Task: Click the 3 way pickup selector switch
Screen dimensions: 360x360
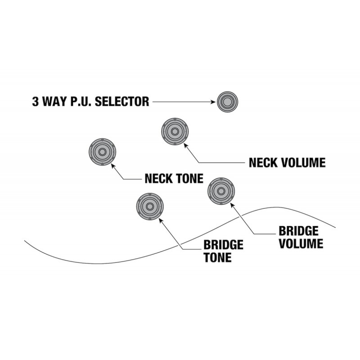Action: [x=227, y=102]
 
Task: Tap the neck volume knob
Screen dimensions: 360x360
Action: [x=175, y=131]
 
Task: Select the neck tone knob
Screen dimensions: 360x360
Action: [x=102, y=152]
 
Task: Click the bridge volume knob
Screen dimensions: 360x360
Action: [x=221, y=191]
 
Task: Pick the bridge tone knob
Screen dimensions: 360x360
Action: [x=150, y=207]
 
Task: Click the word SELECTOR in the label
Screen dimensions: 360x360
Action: [x=122, y=102]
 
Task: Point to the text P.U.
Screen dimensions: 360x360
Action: [x=81, y=102]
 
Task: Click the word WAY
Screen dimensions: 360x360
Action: [x=54, y=102]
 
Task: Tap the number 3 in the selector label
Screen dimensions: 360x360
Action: [x=36, y=102]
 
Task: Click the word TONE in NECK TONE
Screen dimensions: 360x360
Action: [x=189, y=178]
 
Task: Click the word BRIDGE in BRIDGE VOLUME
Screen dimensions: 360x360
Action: [x=298, y=231]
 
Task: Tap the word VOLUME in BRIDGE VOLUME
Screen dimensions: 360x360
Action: [x=301, y=243]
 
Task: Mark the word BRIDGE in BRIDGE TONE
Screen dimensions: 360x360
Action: [x=223, y=245]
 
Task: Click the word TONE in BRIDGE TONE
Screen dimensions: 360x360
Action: [x=218, y=257]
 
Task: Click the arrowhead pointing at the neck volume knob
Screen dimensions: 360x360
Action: [x=186, y=145]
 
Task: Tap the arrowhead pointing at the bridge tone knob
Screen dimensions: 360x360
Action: [x=161, y=220]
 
